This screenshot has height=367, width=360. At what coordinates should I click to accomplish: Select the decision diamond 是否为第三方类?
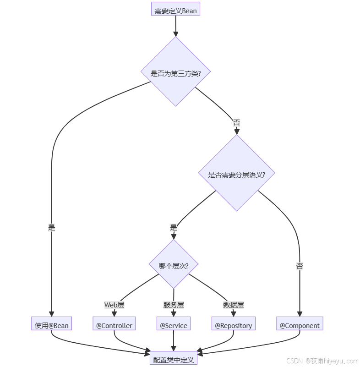pyautogui.click(x=175, y=72)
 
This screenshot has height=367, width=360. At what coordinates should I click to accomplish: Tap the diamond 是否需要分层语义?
pyautogui.click(x=236, y=174)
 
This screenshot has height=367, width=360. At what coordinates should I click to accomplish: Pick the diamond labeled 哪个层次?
pyautogui.click(x=174, y=265)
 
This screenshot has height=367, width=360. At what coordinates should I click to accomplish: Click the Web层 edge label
pyautogui.click(x=114, y=305)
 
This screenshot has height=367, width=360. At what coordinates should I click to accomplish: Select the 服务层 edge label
pyautogui.click(x=174, y=305)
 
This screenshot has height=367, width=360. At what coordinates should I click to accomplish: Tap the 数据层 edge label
pyautogui.click(x=234, y=305)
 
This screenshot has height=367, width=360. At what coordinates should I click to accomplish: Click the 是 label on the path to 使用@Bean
pyautogui.click(x=52, y=227)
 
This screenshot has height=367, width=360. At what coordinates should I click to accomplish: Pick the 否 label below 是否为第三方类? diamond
pyautogui.click(x=236, y=123)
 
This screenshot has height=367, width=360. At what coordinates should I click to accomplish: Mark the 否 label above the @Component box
pyautogui.click(x=300, y=266)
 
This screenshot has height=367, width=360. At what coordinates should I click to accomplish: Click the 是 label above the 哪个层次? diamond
pyautogui.click(x=174, y=227)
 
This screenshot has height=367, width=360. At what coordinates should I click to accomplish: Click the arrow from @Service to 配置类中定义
pyautogui.click(x=174, y=342)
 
